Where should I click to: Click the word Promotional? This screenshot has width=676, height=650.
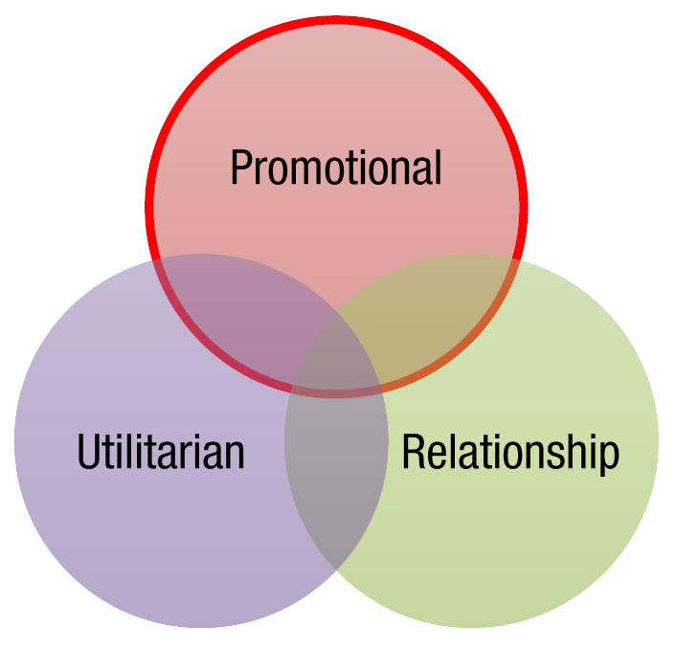(x=336, y=168)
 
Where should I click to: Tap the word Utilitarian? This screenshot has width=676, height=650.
(x=161, y=451)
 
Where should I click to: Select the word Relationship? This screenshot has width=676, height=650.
(x=510, y=454)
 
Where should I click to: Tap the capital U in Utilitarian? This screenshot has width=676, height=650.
(x=88, y=452)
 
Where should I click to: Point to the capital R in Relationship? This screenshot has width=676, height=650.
(x=413, y=451)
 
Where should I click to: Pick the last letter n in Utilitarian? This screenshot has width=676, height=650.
(x=236, y=457)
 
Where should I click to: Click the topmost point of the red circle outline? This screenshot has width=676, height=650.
(x=336, y=20)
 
